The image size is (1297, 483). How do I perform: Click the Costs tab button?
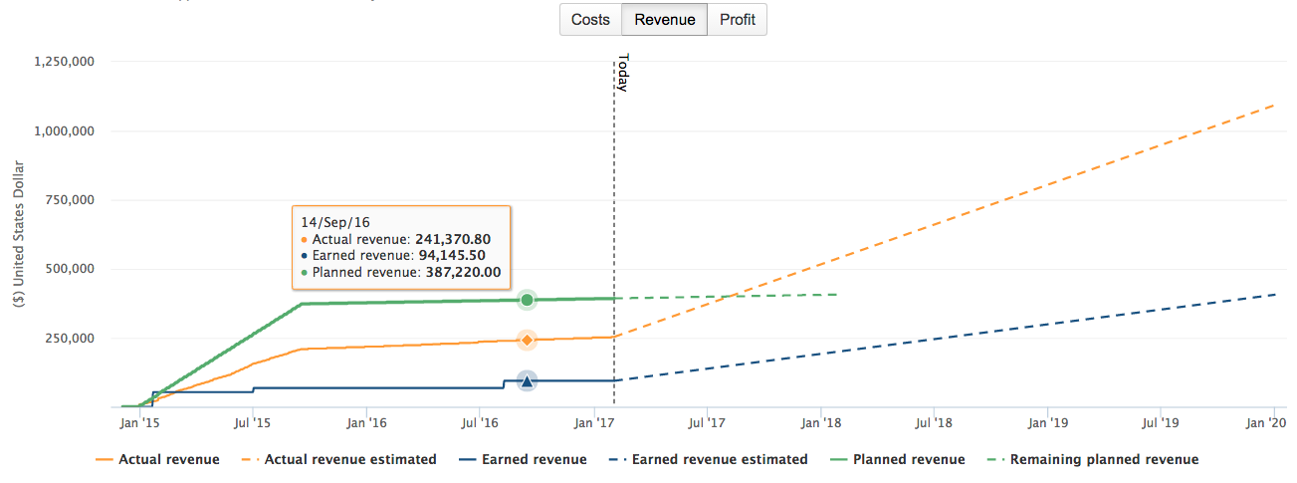pos(590,20)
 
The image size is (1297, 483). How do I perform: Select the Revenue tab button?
pos(664,20)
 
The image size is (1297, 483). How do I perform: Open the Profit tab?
pos(737,20)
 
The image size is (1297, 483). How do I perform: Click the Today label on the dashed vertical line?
pos(623,73)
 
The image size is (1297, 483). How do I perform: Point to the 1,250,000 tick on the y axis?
pos(64,62)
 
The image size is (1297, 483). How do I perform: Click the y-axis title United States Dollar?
pos(21,235)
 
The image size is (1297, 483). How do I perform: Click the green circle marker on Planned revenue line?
pos(527,300)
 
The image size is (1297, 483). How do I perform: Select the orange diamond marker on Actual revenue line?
pos(527,341)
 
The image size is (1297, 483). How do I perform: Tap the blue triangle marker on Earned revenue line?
pos(527,380)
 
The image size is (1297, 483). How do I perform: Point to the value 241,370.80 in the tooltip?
pos(449,239)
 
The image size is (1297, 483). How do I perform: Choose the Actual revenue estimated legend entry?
pos(348,460)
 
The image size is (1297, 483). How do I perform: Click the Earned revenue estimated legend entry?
pos(720,460)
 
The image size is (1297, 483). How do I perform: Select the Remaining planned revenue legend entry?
pos(1104,460)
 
